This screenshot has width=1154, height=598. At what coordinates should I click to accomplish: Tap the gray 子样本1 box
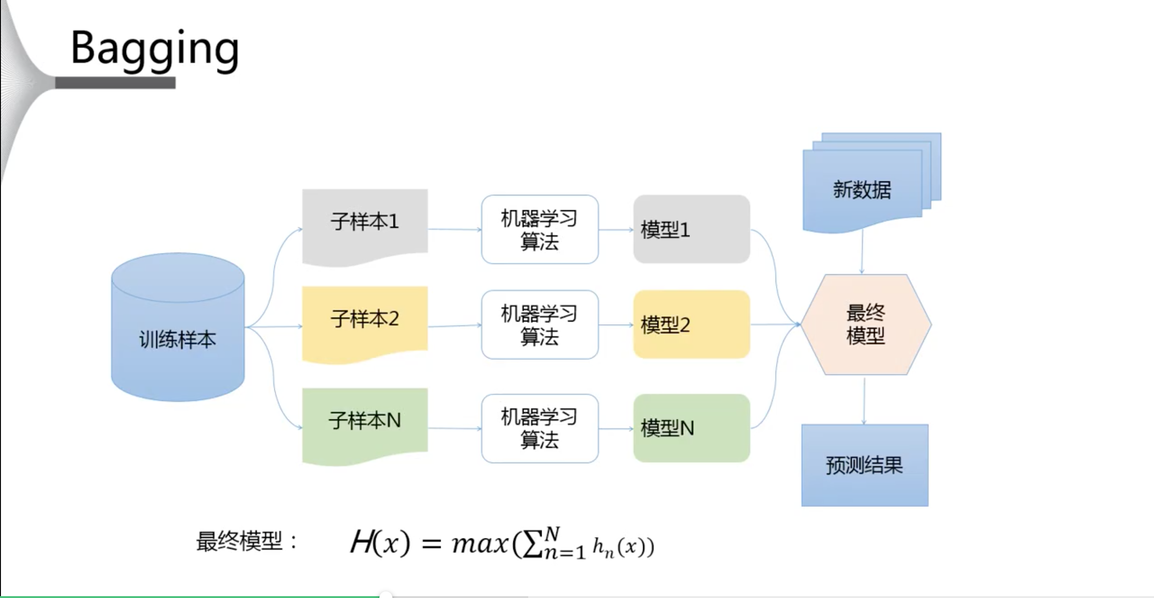[365, 223]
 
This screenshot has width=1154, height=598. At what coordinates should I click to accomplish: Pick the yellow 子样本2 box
[365, 321]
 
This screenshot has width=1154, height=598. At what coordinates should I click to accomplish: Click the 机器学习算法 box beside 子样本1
[539, 229]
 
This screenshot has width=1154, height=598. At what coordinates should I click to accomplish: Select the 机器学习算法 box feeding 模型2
[539, 325]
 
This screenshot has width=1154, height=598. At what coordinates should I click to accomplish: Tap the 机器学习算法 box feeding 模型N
[539, 428]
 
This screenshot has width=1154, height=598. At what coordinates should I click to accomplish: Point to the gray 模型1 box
[691, 229]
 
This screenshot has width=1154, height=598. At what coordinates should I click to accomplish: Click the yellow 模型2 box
[691, 325]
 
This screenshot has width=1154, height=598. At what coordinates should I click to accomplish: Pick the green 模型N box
[691, 428]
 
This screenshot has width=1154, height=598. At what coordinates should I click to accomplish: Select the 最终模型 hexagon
[866, 325]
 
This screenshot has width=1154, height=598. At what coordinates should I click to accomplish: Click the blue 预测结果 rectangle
[865, 465]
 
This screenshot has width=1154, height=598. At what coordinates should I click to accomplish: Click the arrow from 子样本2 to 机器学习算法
[454, 326]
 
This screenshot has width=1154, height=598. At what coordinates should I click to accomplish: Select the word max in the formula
[480, 543]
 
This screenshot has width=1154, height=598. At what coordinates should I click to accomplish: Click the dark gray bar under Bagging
[115, 83]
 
